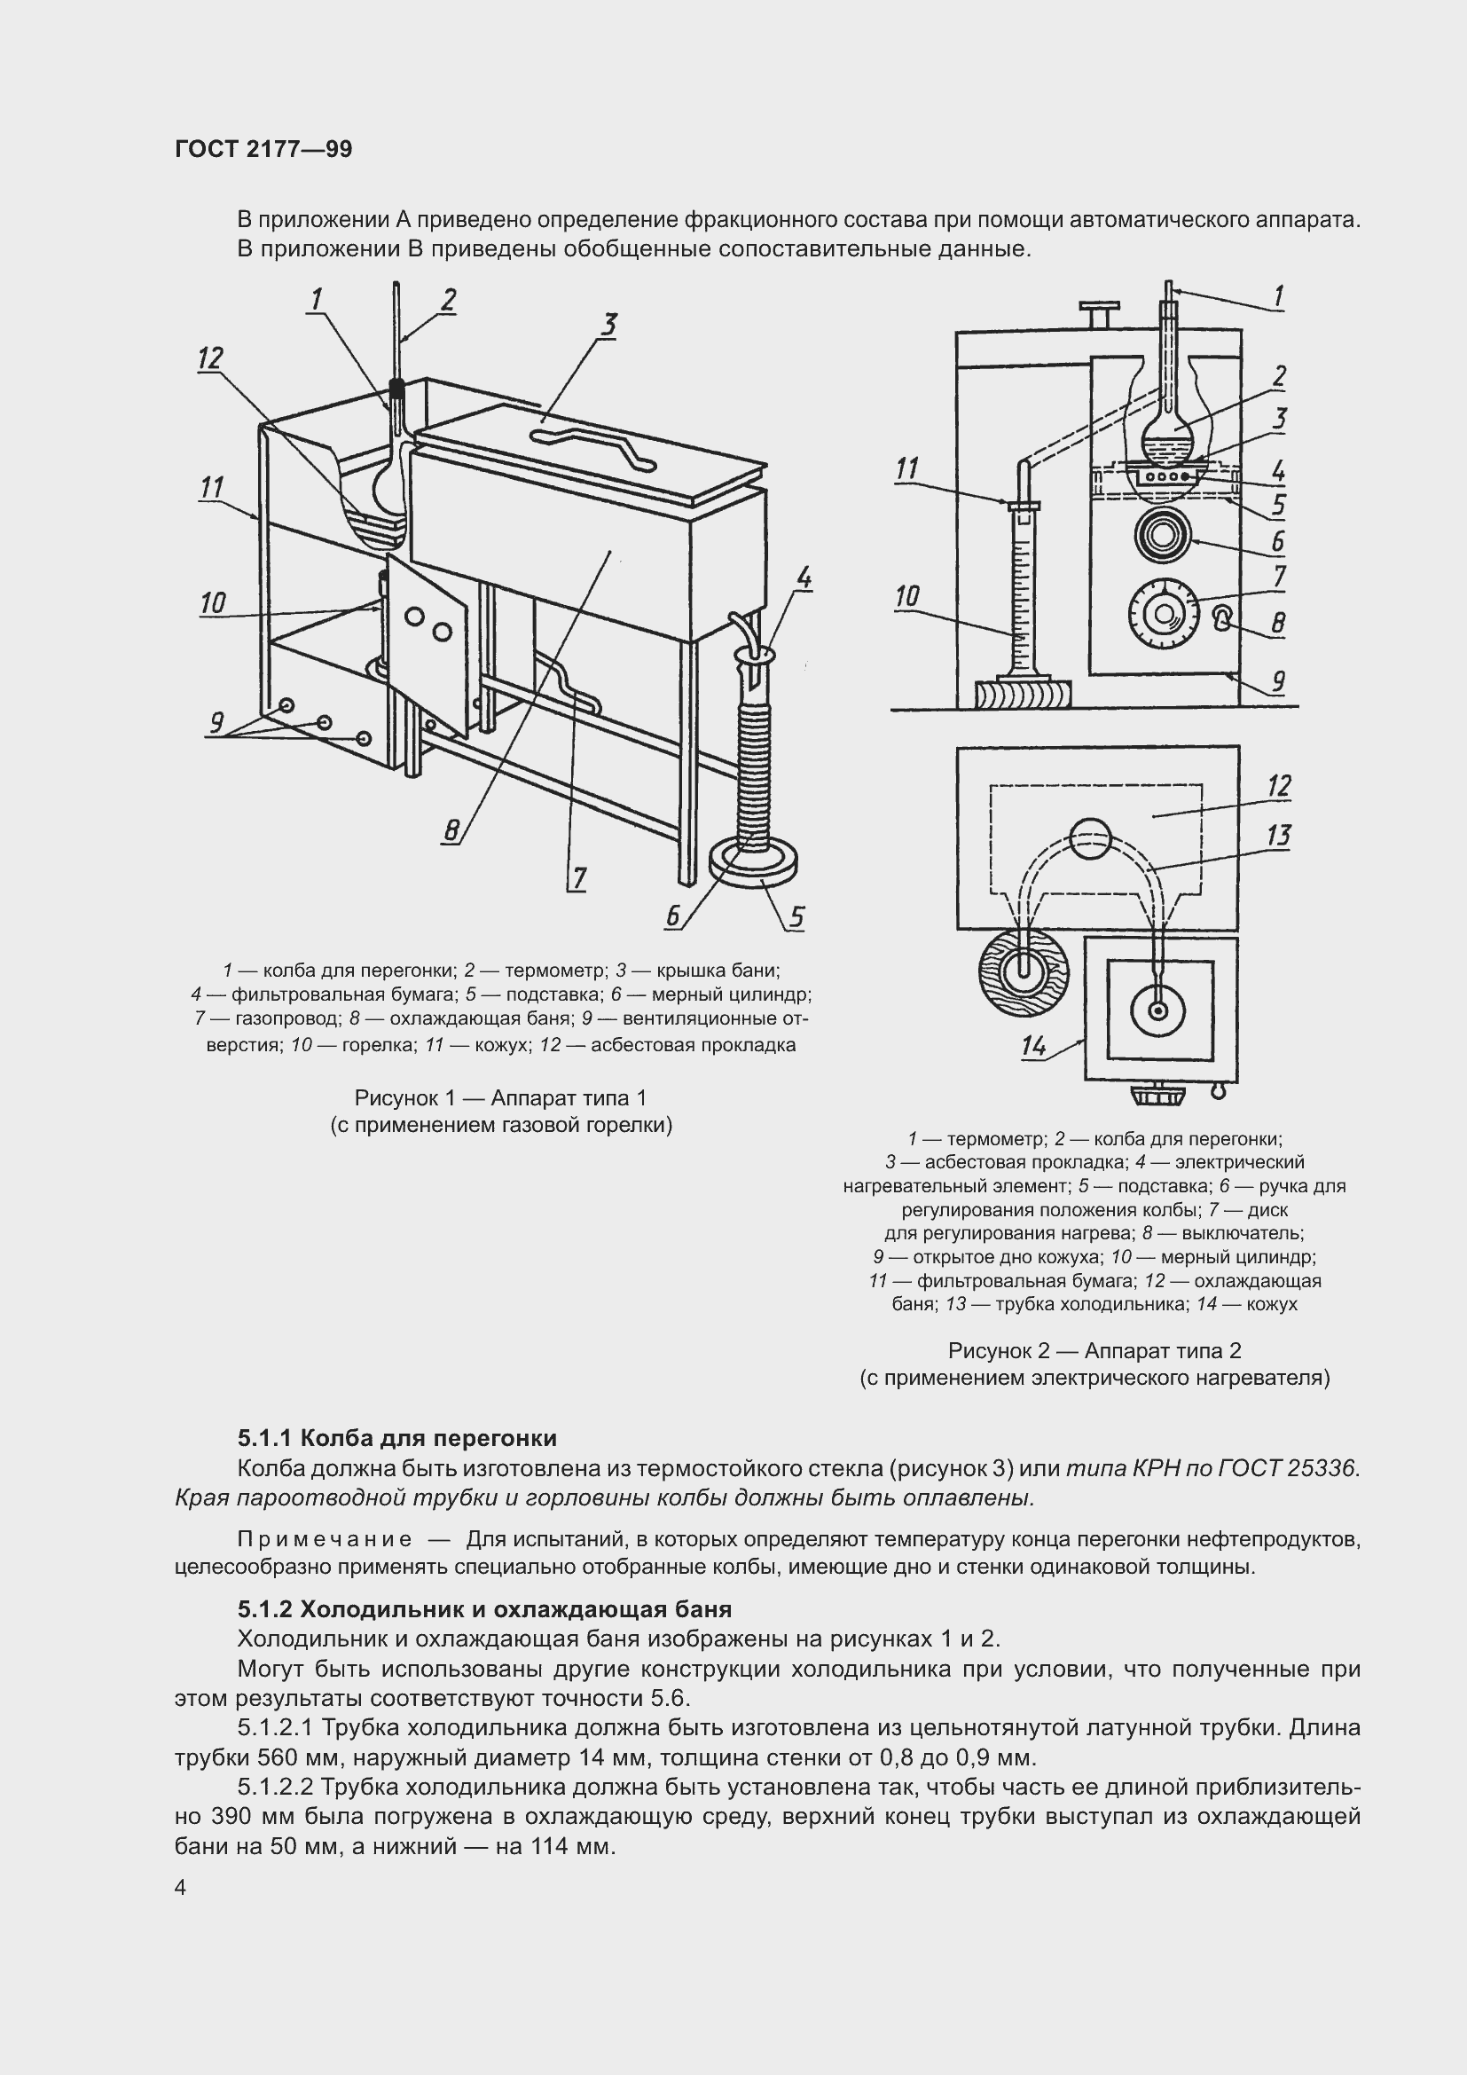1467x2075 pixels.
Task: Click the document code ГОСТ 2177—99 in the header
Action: click(x=263, y=149)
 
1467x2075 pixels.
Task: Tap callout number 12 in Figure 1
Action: click(x=209, y=358)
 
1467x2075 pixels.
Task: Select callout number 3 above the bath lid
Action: click(x=608, y=325)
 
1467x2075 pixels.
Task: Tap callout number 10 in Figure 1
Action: click(x=212, y=602)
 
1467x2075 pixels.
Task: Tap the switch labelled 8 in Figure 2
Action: click(x=1221, y=619)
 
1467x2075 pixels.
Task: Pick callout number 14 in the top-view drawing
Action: click(x=1034, y=1046)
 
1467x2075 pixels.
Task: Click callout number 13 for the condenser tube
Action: click(x=1278, y=835)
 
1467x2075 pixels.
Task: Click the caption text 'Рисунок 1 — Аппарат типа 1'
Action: click(x=500, y=1098)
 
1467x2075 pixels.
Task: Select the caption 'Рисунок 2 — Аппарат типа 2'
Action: click(x=1094, y=1350)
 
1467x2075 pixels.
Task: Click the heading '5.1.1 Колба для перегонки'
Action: click(x=397, y=1438)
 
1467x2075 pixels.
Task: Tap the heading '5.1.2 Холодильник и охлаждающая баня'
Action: click(x=484, y=1608)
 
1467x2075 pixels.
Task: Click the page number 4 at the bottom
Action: click(x=181, y=1888)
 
